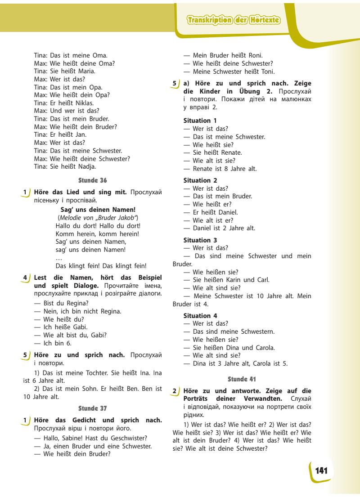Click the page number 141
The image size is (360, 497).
[321, 471]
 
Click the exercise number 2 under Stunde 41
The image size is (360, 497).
[175, 391]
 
